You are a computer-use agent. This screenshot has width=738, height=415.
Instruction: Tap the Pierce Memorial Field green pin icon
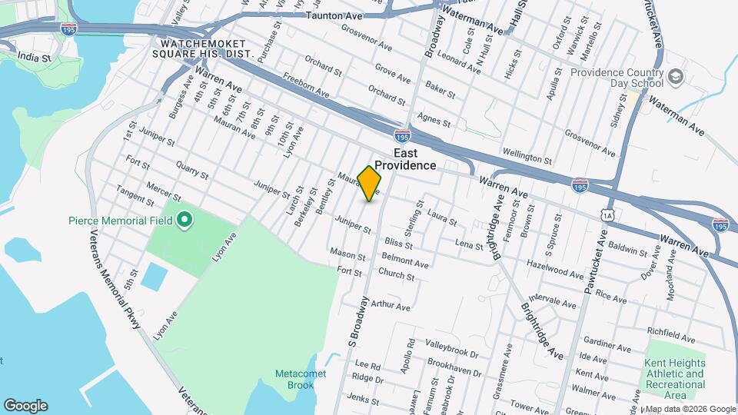[x=184, y=221]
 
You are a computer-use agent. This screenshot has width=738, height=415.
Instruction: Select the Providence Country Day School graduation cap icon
[x=676, y=77]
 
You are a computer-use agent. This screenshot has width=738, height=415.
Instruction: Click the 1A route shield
[x=609, y=217]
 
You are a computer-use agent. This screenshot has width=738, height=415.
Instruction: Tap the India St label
[x=35, y=57]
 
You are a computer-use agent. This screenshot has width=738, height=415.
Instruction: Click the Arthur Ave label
[x=391, y=306]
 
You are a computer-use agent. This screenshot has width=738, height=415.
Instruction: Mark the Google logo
[x=25, y=405]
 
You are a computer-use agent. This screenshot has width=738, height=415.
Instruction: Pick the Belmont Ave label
[x=404, y=262]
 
